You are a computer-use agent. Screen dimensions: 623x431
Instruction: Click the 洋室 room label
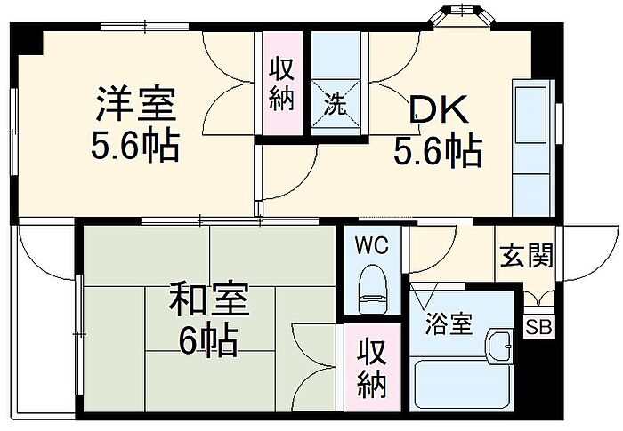pos(136,104)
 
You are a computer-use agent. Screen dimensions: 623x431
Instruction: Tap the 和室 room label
pos(209,299)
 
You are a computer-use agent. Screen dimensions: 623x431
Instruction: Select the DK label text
pos(438,110)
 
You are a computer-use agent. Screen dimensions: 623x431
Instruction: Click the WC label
pos(371,246)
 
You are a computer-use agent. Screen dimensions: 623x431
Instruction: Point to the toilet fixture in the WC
pos(373,289)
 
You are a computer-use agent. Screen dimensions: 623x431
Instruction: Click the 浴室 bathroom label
pos(449,323)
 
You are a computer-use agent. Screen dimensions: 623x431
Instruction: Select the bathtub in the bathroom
pos(462,384)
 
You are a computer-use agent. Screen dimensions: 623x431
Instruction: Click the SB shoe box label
pos(538,327)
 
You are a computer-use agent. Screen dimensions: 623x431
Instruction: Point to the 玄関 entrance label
pos(527,255)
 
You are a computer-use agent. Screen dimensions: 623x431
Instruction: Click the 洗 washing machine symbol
pos(336,104)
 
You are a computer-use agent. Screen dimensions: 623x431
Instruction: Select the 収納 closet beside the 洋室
pos(282,84)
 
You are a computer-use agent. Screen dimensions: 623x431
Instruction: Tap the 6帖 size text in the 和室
pos(207,342)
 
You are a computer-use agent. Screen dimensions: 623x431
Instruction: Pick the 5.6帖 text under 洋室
pos(135,145)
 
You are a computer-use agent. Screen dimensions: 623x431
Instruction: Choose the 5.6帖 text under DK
pos(438,151)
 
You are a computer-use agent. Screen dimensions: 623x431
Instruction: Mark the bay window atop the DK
pos(464,16)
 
